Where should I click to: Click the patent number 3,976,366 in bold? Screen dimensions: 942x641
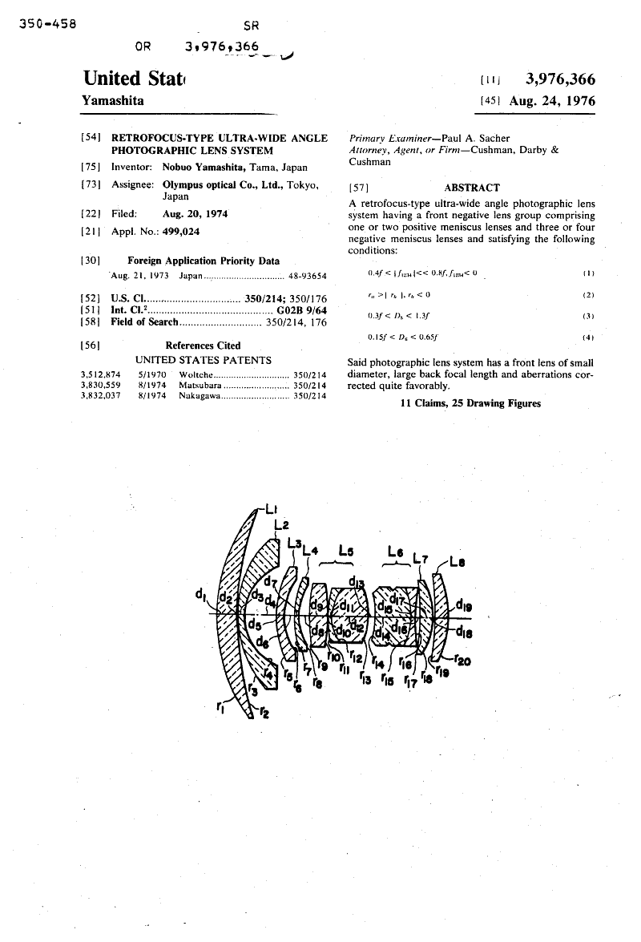click(x=560, y=79)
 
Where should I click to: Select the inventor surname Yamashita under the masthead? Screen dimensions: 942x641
click(x=115, y=101)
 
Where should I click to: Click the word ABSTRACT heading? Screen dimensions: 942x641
click(x=472, y=188)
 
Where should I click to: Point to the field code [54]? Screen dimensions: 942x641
click(x=91, y=138)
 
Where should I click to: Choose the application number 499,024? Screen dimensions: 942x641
click(x=180, y=231)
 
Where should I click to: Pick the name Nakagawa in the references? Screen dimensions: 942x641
click(x=201, y=394)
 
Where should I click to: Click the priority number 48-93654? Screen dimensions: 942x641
click(x=308, y=275)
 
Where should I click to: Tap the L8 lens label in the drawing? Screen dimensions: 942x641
click(x=458, y=562)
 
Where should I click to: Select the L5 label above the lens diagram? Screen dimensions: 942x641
click(x=346, y=551)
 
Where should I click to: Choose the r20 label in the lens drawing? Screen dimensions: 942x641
click(x=461, y=661)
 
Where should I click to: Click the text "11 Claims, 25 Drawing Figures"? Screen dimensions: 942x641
click(x=470, y=402)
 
